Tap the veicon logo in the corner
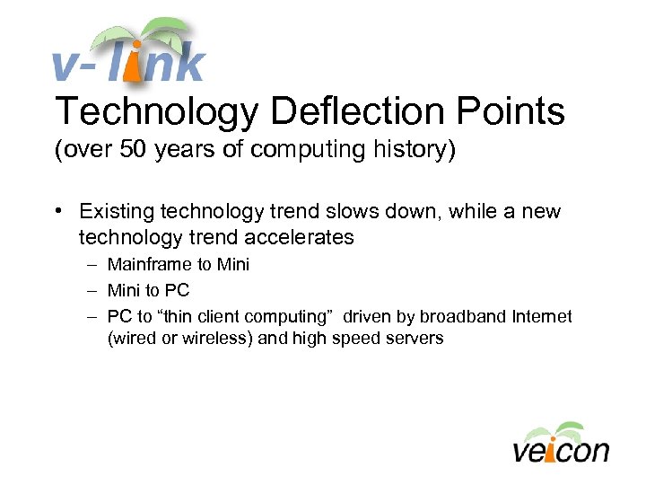point(561,443)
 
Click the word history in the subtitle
point(413,150)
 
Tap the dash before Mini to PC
point(92,291)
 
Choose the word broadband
point(458,317)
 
